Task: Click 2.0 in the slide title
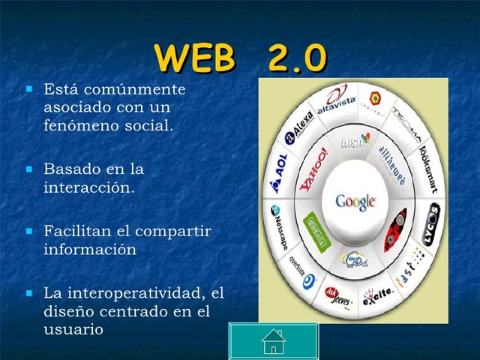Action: point(295,58)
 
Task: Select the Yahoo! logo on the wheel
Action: point(313,171)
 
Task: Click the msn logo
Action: point(355,140)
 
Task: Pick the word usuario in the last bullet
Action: point(73,328)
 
